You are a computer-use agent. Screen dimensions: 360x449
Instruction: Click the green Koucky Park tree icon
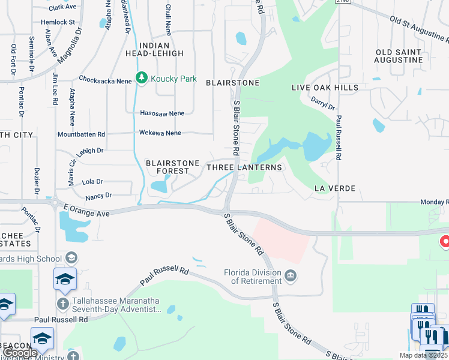pos(142,78)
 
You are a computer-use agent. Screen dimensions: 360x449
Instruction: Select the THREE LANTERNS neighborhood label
pos(244,167)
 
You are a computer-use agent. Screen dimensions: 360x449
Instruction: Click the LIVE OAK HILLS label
pos(325,88)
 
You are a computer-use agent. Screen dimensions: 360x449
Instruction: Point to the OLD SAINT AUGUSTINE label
pos(399,56)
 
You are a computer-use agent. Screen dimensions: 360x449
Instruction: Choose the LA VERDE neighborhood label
pos(335,188)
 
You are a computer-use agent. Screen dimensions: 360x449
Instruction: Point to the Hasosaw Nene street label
pos(161,113)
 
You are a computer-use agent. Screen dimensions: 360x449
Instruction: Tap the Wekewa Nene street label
pos(160,133)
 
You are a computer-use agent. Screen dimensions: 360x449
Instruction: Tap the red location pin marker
pos(445,242)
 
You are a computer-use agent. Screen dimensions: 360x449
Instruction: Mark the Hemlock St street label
pos(58,22)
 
